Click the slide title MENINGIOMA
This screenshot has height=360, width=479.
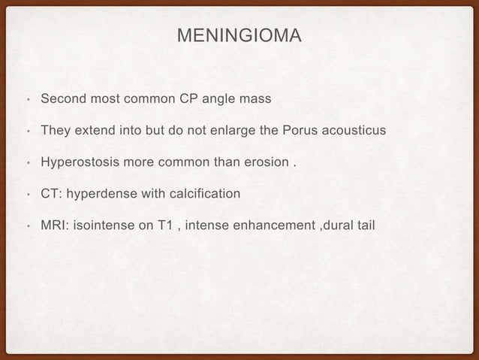point(239,35)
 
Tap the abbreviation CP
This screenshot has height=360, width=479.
point(191,98)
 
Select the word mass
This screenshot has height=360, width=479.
point(255,98)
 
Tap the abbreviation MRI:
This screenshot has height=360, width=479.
point(54,226)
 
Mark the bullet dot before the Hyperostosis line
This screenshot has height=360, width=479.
point(27,163)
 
